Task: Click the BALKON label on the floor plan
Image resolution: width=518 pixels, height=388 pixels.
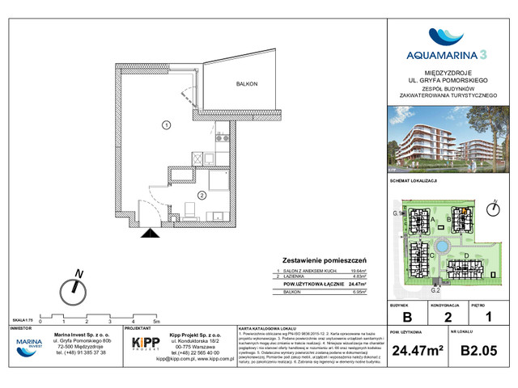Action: [247, 84]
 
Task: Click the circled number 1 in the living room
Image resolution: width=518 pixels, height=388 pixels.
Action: [165, 124]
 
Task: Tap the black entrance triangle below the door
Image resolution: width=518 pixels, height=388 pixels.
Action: [149, 234]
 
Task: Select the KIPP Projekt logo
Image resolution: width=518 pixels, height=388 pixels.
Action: [146, 346]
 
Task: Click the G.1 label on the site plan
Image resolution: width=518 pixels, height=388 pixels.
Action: [397, 213]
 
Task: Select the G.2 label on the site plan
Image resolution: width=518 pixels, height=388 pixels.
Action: [435, 289]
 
